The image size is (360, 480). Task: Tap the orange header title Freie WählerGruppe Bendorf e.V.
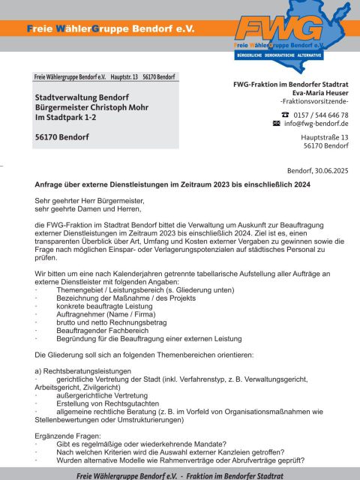(110, 28)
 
